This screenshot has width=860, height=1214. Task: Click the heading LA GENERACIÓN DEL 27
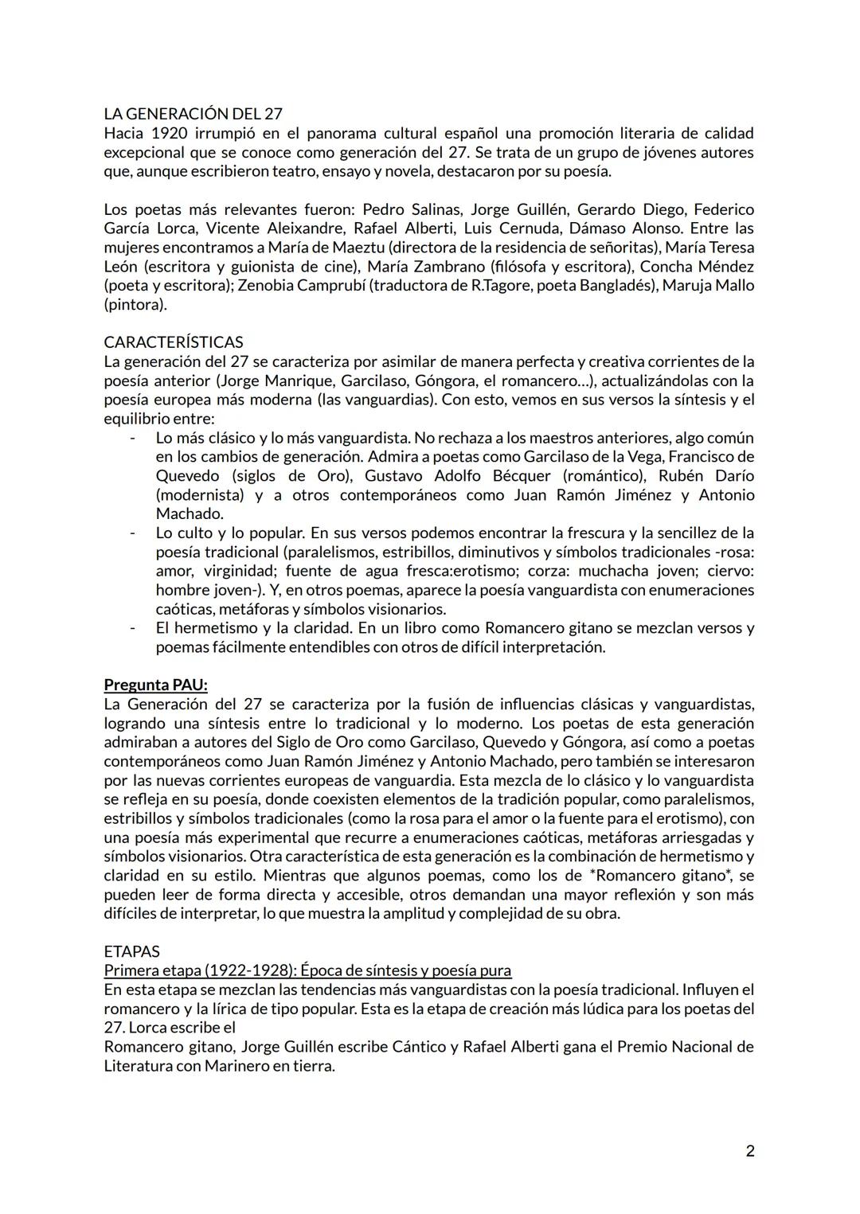click(x=193, y=114)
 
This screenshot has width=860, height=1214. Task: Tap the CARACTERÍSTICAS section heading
click(x=174, y=342)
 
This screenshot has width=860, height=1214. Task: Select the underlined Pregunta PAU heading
click(x=155, y=685)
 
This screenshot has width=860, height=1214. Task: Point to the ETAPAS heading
click(x=131, y=951)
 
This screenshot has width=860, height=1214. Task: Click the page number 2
click(x=750, y=1150)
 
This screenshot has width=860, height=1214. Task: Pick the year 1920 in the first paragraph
click(x=167, y=133)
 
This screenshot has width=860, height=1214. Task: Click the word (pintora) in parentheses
click(x=135, y=305)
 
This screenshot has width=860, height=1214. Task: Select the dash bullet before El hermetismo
click(x=133, y=628)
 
